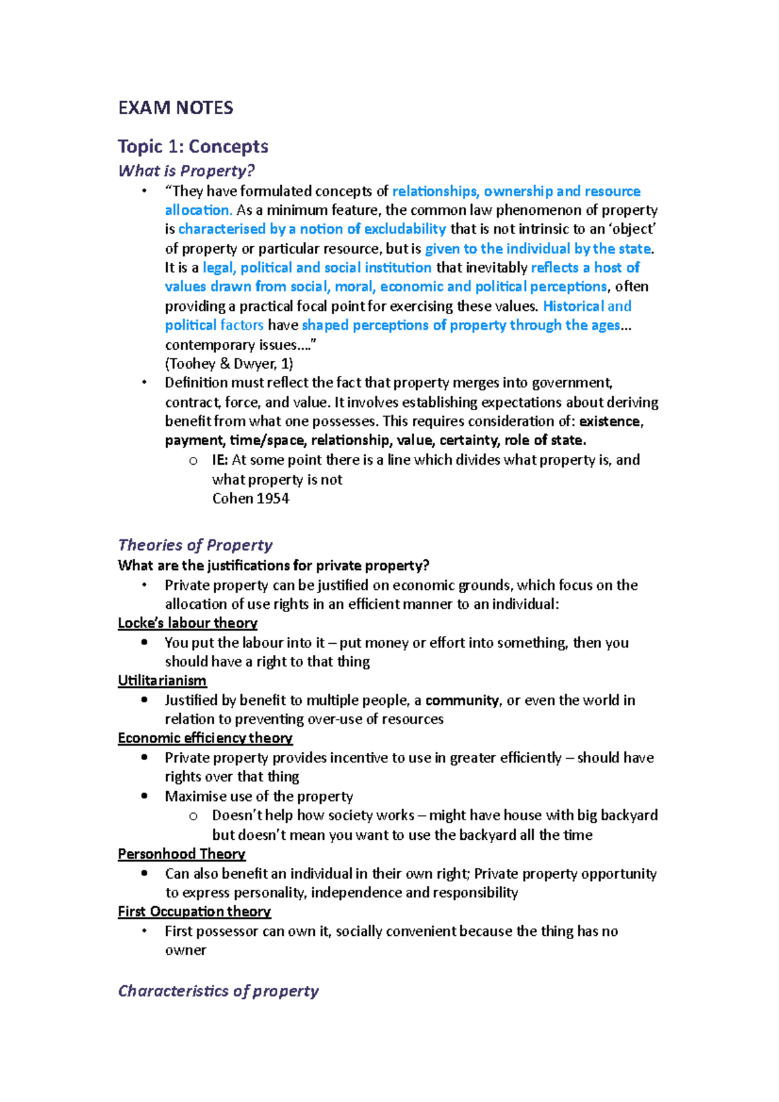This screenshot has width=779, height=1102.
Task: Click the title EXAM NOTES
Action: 175,108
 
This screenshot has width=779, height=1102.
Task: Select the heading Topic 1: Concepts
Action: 193,147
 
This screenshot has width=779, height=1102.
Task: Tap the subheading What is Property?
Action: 186,171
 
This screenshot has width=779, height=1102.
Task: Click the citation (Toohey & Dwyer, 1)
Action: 229,363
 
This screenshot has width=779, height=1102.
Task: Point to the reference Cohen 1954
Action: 250,498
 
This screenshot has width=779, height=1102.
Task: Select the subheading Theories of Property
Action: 195,545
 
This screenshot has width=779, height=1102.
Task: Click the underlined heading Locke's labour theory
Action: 187,623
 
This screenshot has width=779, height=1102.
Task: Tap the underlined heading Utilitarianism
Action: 162,681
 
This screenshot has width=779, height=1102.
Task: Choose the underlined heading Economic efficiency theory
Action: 204,738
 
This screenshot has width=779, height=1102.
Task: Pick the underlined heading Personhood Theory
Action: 181,854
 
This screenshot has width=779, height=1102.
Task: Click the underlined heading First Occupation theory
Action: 194,912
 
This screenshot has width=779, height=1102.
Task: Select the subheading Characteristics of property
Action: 218,991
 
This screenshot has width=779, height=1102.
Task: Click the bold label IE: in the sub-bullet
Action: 219,460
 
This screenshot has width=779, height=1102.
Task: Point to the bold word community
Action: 462,700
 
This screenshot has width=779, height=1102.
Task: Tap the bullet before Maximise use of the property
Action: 144,796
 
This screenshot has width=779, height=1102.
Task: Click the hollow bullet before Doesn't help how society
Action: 193,816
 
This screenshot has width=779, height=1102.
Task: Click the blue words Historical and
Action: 587,306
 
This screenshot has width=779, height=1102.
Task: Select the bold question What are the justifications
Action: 273,565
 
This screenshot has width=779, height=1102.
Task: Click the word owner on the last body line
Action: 185,950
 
